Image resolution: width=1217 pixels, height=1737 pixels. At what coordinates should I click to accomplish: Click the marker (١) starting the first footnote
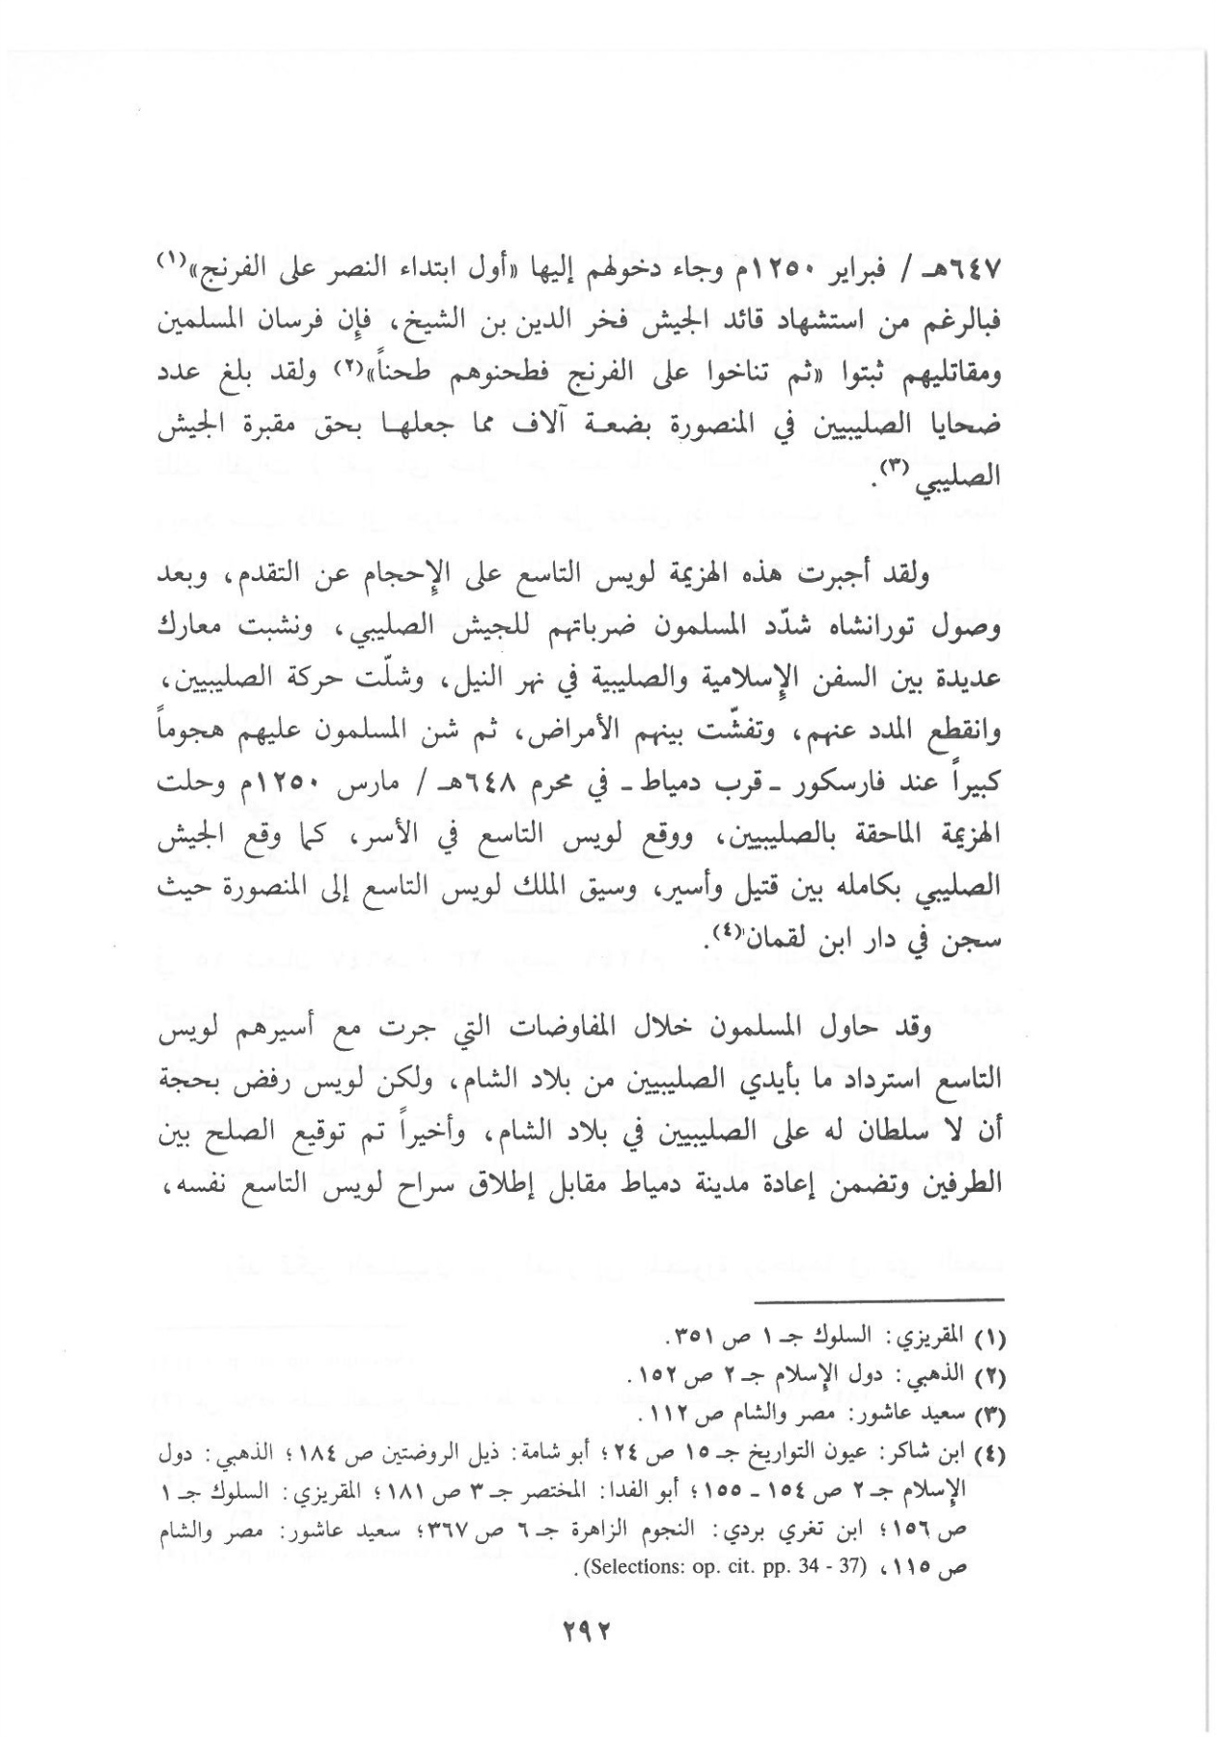(x=992, y=1338)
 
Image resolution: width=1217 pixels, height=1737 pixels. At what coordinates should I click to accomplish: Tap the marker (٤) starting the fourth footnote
(x=992, y=1450)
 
